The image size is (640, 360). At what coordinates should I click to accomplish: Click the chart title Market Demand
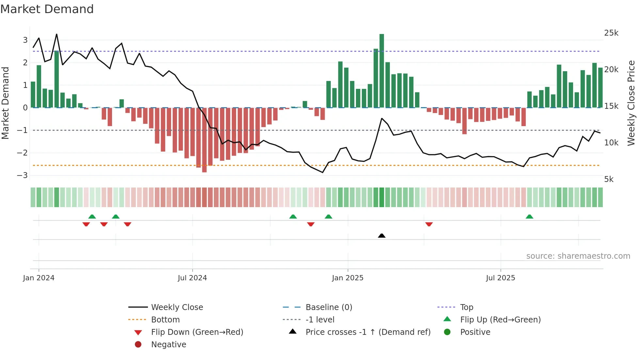click(47, 9)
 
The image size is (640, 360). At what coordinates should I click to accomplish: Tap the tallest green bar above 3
click(382, 70)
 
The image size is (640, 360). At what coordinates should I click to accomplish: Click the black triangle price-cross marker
click(382, 236)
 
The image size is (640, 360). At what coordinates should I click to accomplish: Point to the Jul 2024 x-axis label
click(192, 278)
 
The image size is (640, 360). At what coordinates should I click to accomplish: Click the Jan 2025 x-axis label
click(347, 278)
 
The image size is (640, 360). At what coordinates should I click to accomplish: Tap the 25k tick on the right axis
click(611, 33)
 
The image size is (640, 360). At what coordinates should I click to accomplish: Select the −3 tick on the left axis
click(23, 175)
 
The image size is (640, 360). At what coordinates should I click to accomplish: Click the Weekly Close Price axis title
click(631, 103)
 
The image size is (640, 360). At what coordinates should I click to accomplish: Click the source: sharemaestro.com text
click(578, 256)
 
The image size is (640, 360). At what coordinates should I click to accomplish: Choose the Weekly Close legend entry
click(177, 307)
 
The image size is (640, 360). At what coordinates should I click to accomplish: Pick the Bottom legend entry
click(165, 320)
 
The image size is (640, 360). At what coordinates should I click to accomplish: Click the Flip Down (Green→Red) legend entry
click(197, 332)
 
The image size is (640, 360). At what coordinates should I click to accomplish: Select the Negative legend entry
click(168, 345)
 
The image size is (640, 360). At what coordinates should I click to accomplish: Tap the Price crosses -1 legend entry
click(368, 332)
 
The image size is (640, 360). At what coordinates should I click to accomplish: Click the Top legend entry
click(466, 307)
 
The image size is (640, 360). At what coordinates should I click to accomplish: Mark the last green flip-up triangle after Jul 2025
click(529, 217)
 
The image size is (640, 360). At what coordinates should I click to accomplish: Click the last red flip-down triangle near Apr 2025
click(429, 224)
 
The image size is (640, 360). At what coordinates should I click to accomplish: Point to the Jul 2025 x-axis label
click(500, 278)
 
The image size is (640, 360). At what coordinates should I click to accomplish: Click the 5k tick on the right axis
click(609, 179)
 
